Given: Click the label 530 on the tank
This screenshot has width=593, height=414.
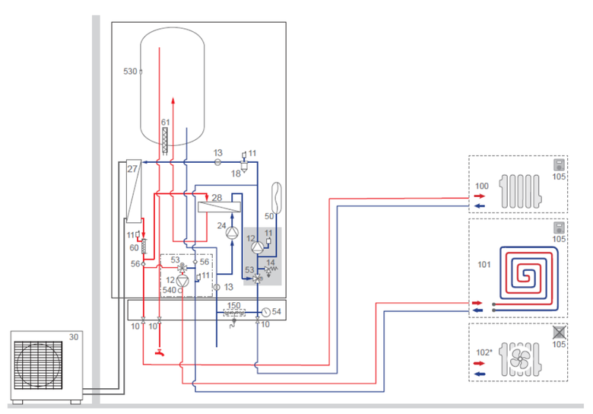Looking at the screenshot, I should pyautogui.click(x=130, y=71).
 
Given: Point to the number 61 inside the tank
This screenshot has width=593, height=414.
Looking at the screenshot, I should pyautogui.click(x=165, y=122).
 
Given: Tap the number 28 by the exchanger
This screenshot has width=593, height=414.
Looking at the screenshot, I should pyautogui.click(x=216, y=198).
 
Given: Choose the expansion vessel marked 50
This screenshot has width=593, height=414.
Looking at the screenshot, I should pyautogui.click(x=276, y=198).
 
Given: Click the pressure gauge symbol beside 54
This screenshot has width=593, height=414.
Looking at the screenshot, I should pyautogui.click(x=266, y=312).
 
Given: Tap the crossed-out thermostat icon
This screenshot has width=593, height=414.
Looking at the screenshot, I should pyautogui.click(x=559, y=332).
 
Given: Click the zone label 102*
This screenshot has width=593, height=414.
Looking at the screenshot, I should pyautogui.click(x=484, y=352).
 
